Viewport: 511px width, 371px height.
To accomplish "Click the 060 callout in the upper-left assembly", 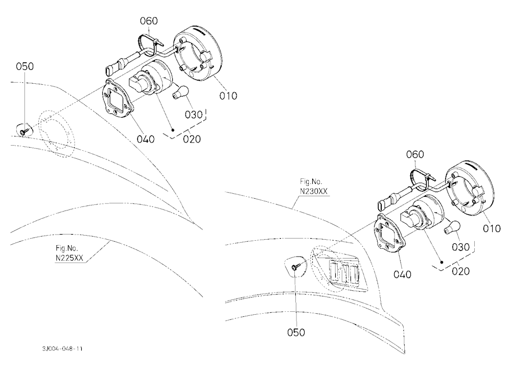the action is (149, 21).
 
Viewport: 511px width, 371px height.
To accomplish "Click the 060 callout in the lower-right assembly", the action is (415, 154).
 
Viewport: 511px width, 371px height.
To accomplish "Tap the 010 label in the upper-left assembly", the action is (228, 96).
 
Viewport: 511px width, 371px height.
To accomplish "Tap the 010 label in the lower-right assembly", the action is (492, 228).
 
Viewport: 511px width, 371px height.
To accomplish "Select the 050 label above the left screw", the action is (25, 66).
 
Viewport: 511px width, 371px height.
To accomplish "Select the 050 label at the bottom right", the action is (296, 333).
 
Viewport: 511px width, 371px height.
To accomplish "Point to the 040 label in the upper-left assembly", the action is (145, 140).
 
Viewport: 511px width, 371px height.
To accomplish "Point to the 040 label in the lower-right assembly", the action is (403, 274).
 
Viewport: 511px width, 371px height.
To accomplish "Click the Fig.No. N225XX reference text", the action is (69, 253).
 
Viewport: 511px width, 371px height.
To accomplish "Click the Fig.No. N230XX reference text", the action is (314, 187).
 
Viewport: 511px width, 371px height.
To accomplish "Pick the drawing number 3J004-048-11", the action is (62, 349).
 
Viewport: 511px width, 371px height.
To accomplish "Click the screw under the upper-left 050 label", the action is (24, 131).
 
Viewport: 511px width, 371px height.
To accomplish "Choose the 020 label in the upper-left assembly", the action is (192, 139).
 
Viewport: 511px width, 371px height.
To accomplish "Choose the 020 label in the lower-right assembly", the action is (461, 271).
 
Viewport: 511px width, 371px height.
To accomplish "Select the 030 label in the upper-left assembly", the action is (194, 115).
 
